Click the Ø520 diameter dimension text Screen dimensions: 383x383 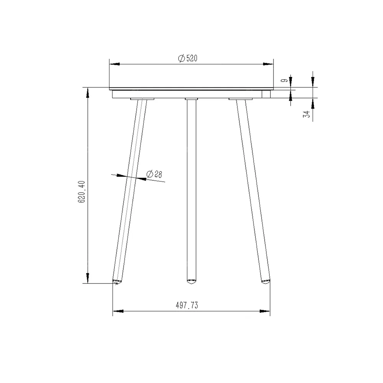point(188,58)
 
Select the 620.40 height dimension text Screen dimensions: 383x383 point(82,192)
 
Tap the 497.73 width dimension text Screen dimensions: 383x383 point(187,305)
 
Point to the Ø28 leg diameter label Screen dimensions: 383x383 point(154,174)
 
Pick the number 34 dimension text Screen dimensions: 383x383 point(306,114)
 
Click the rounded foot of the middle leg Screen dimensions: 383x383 point(191,281)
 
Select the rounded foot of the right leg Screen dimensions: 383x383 point(265,281)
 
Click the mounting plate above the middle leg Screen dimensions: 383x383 point(191,99)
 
